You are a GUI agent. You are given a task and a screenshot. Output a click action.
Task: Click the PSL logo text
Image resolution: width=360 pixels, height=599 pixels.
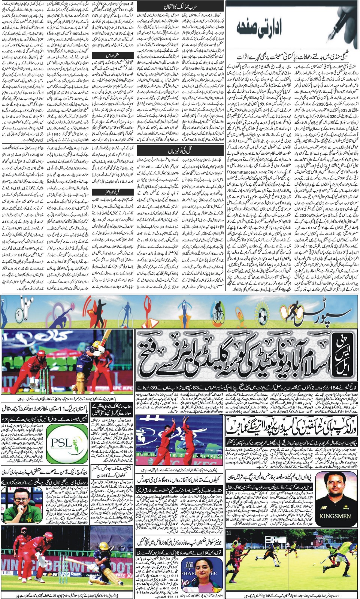pos(61,444)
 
